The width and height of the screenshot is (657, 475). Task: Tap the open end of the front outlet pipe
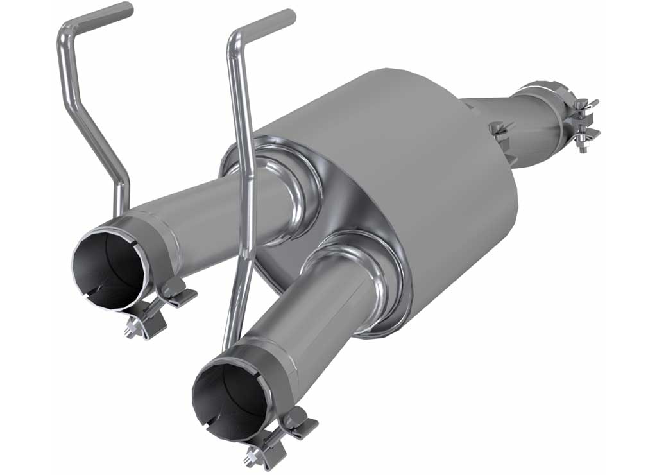coord(227,394)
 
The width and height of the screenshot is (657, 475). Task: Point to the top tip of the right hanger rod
coord(289,15)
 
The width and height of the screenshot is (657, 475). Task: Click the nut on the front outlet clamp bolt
coord(251,458)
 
